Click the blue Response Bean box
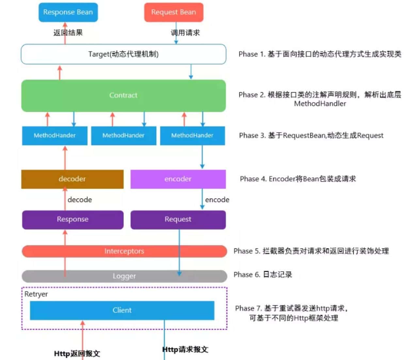click(x=68, y=12)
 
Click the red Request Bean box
click(x=174, y=12)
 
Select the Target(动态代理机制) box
click(x=123, y=54)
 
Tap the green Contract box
click(x=123, y=95)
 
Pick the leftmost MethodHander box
click(x=55, y=135)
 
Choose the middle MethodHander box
click(x=123, y=135)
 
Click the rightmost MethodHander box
click(x=192, y=135)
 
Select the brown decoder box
click(x=72, y=179)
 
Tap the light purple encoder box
click(x=178, y=179)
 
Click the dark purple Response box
click(x=72, y=219)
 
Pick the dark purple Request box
click(x=178, y=219)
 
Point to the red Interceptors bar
click(x=124, y=251)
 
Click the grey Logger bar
click(x=124, y=276)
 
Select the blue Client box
click(x=122, y=310)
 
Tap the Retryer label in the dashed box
click(x=36, y=294)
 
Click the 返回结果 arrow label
click(x=68, y=33)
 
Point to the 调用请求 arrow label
click(x=185, y=33)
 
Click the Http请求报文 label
click(x=185, y=350)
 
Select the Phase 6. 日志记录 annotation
click(x=263, y=274)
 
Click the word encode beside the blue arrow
click(x=217, y=200)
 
